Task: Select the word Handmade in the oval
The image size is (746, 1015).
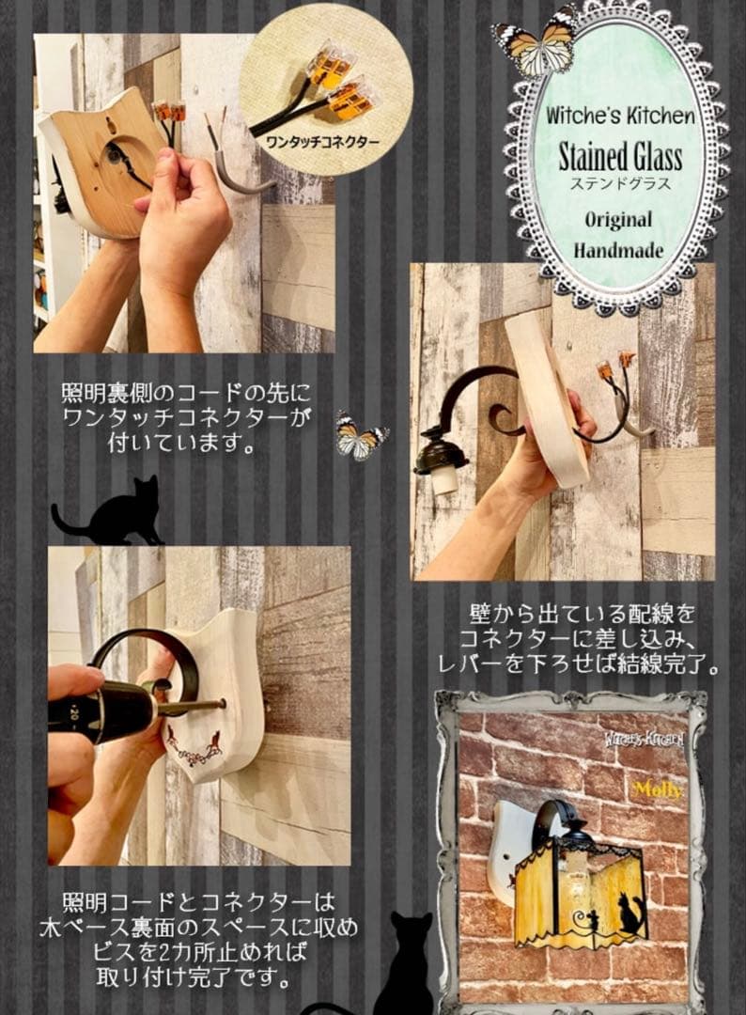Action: [619, 250]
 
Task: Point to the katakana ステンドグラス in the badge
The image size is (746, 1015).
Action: [620, 183]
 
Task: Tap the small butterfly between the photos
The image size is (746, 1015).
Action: [361, 436]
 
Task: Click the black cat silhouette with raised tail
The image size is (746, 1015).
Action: [109, 512]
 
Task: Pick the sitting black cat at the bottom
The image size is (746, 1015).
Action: [403, 959]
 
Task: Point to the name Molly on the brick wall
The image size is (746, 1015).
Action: [657, 789]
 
